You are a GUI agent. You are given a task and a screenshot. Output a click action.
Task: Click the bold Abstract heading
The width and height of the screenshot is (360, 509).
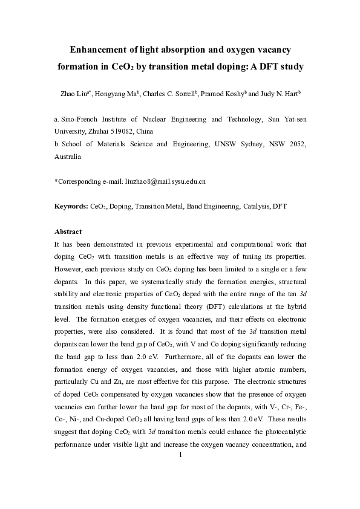[68, 232]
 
